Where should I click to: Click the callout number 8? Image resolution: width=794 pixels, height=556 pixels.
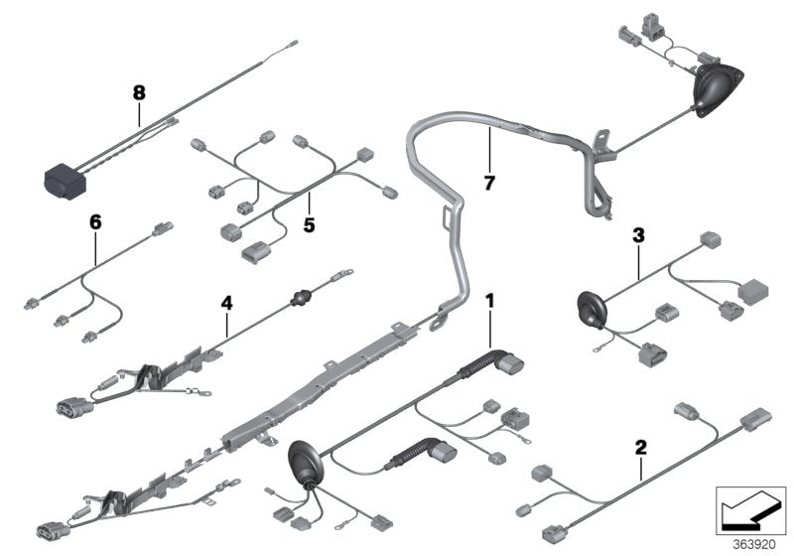(x=139, y=92)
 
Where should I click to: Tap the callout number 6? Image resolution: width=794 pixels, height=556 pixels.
(x=95, y=224)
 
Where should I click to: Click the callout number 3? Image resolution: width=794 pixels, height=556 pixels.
(x=638, y=235)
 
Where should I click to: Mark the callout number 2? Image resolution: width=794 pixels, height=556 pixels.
(x=640, y=447)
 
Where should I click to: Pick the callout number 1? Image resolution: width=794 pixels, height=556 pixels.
(x=488, y=298)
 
